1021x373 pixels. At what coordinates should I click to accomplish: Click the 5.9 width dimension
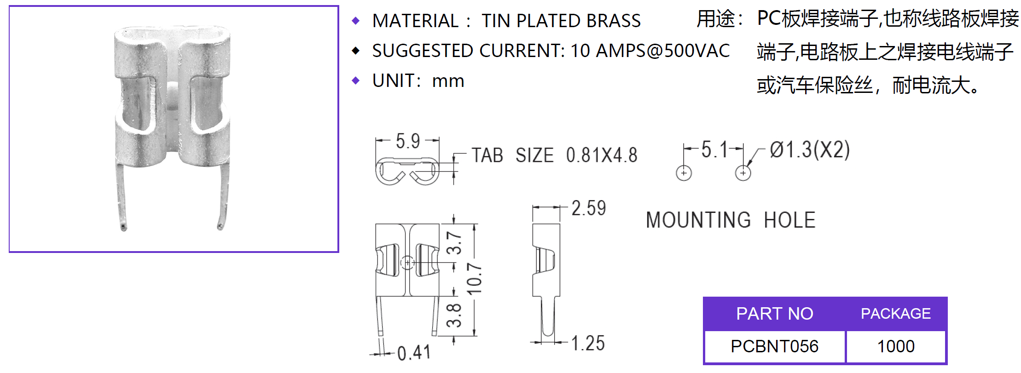click(x=408, y=141)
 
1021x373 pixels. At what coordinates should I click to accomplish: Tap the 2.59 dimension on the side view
click(x=589, y=208)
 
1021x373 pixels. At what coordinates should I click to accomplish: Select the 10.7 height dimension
click(x=475, y=279)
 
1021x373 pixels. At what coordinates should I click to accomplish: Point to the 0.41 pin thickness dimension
click(x=414, y=353)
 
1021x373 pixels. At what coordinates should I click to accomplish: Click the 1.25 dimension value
click(x=588, y=343)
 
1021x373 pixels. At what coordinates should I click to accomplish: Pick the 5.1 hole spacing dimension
click(x=714, y=150)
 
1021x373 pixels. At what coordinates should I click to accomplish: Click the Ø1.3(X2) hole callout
click(x=810, y=150)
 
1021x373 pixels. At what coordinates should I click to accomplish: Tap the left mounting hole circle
click(x=684, y=173)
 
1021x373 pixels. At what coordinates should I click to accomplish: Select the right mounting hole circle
click(x=743, y=173)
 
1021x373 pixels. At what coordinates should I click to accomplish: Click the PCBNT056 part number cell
click(x=774, y=346)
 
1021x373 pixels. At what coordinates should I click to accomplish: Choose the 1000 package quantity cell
click(x=896, y=346)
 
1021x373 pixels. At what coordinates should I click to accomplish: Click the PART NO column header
click(x=774, y=314)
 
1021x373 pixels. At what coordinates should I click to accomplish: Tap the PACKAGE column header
click(x=896, y=314)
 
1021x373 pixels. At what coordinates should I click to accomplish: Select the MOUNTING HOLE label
click(x=731, y=220)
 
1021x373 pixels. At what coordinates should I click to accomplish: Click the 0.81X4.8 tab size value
click(x=602, y=155)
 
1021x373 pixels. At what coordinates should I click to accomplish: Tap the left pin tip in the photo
click(x=123, y=227)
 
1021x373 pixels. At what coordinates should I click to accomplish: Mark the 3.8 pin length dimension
click(x=454, y=315)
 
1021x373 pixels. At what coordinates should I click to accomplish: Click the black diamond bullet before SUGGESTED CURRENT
click(x=355, y=51)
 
